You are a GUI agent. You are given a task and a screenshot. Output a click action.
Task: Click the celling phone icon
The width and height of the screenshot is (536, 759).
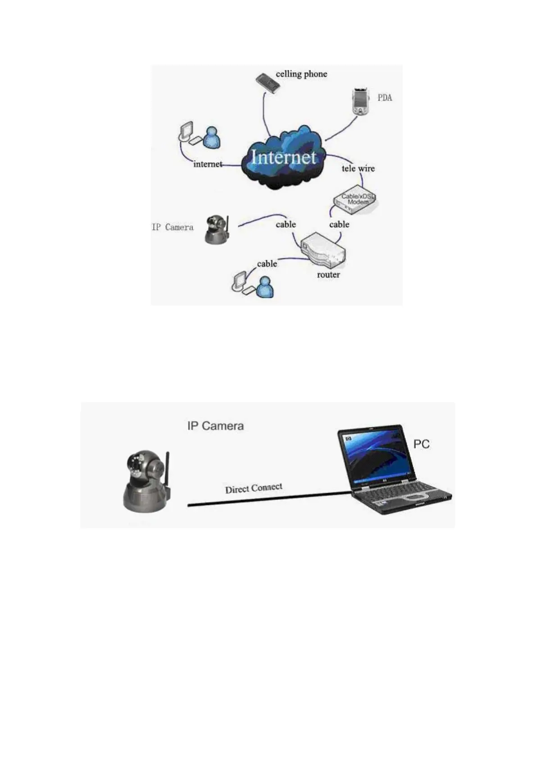pyautogui.click(x=268, y=83)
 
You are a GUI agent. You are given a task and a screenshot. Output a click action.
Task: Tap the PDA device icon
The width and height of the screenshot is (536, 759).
pyautogui.click(x=359, y=102)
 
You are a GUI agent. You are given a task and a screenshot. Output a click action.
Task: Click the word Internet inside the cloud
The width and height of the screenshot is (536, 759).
pyautogui.click(x=283, y=157)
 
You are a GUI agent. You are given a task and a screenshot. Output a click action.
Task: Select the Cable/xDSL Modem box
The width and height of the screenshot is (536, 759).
pyautogui.click(x=355, y=199)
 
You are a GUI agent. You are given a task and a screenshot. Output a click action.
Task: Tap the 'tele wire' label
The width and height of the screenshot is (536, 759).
pyautogui.click(x=358, y=169)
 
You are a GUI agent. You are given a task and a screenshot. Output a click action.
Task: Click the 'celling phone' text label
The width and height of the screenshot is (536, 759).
pyautogui.click(x=301, y=74)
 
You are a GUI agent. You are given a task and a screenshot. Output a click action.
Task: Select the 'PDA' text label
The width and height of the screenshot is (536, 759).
pyautogui.click(x=385, y=97)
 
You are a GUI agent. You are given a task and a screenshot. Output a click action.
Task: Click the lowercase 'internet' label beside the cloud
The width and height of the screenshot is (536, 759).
pyautogui.click(x=208, y=164)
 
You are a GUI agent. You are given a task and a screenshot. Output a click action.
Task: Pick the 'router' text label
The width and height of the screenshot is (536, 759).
pyautogui.click(x=328, y=274)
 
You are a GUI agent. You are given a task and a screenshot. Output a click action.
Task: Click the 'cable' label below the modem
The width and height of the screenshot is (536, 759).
pyautogui.click(x=339, y=224)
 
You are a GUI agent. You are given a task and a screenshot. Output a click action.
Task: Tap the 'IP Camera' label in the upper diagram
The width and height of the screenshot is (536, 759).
pyautogui.click(x=173, y=227)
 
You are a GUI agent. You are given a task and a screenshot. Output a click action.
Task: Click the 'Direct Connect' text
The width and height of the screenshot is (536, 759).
pyautogui.click(x=254, y=488)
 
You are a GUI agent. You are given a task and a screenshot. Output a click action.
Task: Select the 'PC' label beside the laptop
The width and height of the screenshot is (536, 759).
pyautogui.click(x=421, y=444)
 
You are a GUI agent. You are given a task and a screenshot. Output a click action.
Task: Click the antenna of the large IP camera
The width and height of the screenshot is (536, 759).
pyautogui.click(x=168, y=469)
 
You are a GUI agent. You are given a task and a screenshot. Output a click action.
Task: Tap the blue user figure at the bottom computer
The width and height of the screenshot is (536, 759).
pyautogui.click(x=265, y=287)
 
